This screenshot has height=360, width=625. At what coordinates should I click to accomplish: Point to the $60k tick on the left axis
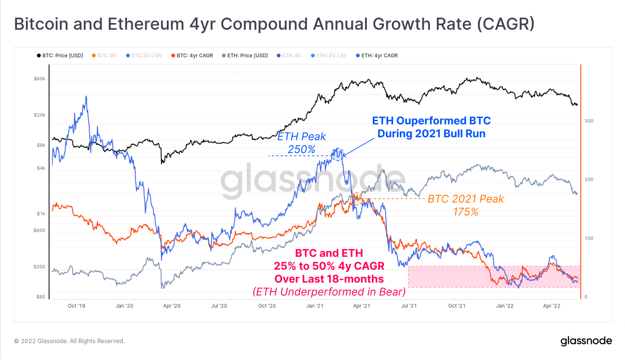pyautogui.click(x=39, y=79)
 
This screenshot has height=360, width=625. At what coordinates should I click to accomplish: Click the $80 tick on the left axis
pyautogui.click(x=41, y=297)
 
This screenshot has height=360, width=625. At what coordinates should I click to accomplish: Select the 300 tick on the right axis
pyautogui.click(x=589, y=121)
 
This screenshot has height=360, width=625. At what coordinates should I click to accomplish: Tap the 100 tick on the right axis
pyautogui.click(x=589, y=238)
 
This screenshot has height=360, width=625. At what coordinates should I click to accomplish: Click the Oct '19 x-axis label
pyautogui.click(x=76, y=306)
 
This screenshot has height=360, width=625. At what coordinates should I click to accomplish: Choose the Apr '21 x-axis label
pyautogui.click(x=361, y=306)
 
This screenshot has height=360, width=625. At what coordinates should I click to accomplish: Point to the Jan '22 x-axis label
pyautogui.click(x=504, y=306)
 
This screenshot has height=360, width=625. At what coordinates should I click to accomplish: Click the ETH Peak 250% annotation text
pyautogui.click(x=301, y=143)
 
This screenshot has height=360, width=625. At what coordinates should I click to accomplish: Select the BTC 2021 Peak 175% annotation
pyautogui.click(x=466, y=205)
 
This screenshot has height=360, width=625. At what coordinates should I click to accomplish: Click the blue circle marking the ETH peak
pyautogui.click(x=337, y=155)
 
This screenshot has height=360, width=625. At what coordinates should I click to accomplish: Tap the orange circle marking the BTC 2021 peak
pyautogui.click(x=357, y=199)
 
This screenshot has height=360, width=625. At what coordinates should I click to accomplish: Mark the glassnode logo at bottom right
pyautogui.click(x=586, y=341)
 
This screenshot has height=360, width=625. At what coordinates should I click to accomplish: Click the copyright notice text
pyautogui.click(x=70, y=341)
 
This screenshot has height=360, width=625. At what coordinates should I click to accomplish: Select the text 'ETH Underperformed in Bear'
pyautogui.click(x=329, y=292)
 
